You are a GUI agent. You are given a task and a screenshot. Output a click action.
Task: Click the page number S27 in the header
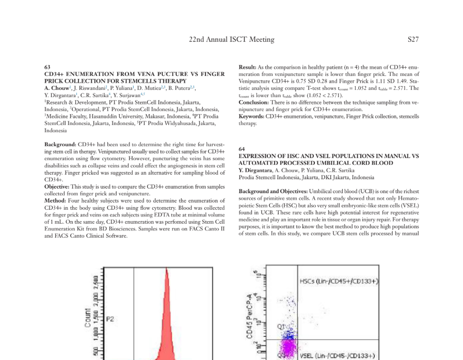(412, 39)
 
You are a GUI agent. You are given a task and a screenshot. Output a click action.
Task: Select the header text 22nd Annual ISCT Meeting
(231, 39)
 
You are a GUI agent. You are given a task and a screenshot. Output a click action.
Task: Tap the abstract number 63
(47, 67)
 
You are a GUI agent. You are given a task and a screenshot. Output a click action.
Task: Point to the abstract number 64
(242, 149)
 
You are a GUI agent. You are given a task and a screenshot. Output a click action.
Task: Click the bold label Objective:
(57, 186)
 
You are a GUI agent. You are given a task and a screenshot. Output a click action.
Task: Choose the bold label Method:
(55, 200)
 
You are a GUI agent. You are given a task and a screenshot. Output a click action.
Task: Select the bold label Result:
(247, 67)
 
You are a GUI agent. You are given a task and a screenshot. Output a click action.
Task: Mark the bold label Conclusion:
(253, 102)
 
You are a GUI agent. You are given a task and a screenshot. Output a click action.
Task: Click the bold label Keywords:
(251, 116)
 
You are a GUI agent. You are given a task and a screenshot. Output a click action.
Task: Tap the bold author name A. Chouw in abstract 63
(56, 88)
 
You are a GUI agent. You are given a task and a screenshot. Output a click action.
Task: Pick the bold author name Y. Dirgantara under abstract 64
(255, 170)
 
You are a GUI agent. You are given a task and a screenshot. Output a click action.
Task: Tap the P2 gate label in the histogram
(109, 319)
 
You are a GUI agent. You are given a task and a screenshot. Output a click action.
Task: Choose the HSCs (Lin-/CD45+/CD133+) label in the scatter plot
(339, 281)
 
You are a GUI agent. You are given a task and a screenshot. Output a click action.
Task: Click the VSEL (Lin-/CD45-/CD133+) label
(339, 355)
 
